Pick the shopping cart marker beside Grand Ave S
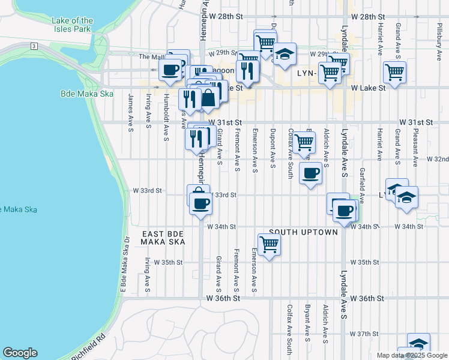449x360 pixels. point(394,73)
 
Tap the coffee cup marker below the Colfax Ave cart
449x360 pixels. point(310,173)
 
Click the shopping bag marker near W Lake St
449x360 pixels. point(208,98)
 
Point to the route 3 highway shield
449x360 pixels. point(35,46)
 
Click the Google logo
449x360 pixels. point(20,353)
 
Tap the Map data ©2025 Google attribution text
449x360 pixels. point(412,355)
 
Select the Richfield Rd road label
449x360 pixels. point(88,347)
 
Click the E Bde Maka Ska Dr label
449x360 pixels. point(125,263)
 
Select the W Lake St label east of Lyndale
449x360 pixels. point(367,88)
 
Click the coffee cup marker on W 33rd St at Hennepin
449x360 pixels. point(200,203)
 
